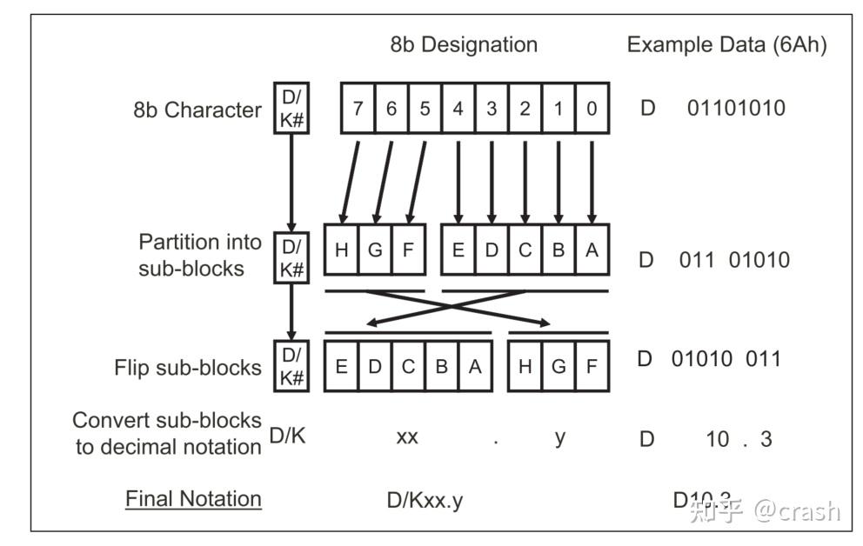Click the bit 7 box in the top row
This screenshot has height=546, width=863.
(358, 108)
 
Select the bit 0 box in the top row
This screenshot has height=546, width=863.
(592, 108)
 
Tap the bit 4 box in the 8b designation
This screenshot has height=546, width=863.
(458, 108)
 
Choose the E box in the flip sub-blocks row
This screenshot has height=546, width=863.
(342, 366)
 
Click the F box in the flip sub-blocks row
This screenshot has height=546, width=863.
(592, 366)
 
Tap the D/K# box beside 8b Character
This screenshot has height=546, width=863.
(291, 109)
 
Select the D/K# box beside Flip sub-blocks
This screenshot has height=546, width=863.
(291, 366)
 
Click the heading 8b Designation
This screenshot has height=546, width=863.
(464, 44)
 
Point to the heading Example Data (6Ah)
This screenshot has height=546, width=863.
(726, 44)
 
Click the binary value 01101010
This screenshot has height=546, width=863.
(736, 109)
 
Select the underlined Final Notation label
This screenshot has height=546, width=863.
(193, 499)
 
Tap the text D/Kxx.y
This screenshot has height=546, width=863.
(425, 501)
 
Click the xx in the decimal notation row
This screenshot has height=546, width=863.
(407, 437)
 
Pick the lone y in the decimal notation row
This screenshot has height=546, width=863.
(559, 437)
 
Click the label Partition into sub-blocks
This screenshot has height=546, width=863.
(191, 255)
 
